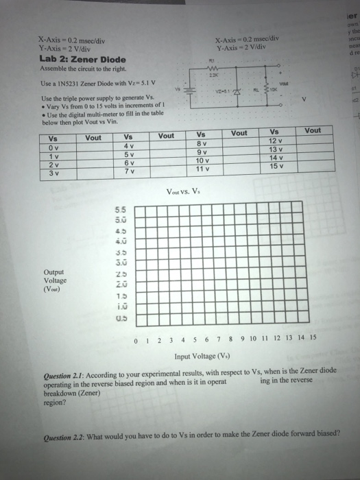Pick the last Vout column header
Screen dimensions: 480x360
pyautogui.click(x=312, y=130)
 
